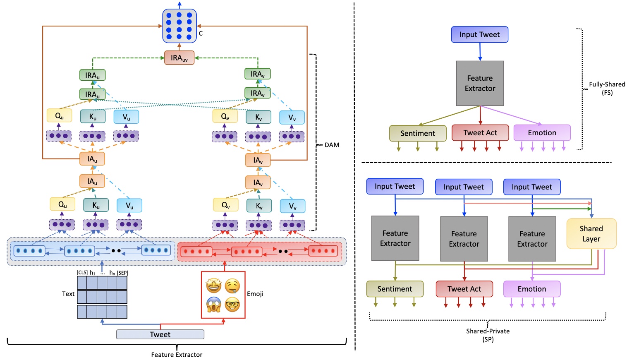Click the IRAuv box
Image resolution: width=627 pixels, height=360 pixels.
179,58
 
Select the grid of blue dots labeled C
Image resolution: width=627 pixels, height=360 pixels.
179,26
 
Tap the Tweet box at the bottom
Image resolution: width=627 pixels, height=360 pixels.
160,334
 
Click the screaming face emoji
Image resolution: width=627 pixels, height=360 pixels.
214,305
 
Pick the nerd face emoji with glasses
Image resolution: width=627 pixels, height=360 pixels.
232,305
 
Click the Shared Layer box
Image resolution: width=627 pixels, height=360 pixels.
591,234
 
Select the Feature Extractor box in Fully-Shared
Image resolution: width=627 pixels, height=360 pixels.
480,83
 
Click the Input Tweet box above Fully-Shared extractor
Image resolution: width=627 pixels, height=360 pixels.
479,35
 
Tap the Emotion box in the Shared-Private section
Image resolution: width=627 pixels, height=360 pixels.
531,289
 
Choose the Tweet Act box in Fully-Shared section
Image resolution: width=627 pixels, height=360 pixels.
480,133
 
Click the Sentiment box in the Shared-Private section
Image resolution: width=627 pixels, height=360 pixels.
395,289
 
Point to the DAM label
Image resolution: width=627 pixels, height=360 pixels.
332,145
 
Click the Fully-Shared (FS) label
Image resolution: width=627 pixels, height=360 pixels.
607,88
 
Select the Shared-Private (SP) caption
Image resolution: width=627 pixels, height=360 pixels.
488,335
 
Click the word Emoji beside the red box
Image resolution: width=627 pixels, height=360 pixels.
255,294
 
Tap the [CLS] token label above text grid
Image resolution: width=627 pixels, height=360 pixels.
82,273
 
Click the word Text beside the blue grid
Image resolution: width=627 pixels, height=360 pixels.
68,294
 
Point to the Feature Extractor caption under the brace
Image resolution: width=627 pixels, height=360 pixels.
177,355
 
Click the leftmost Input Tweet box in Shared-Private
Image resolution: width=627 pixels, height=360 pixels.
395,186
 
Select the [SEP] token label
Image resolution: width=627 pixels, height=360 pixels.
122,273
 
